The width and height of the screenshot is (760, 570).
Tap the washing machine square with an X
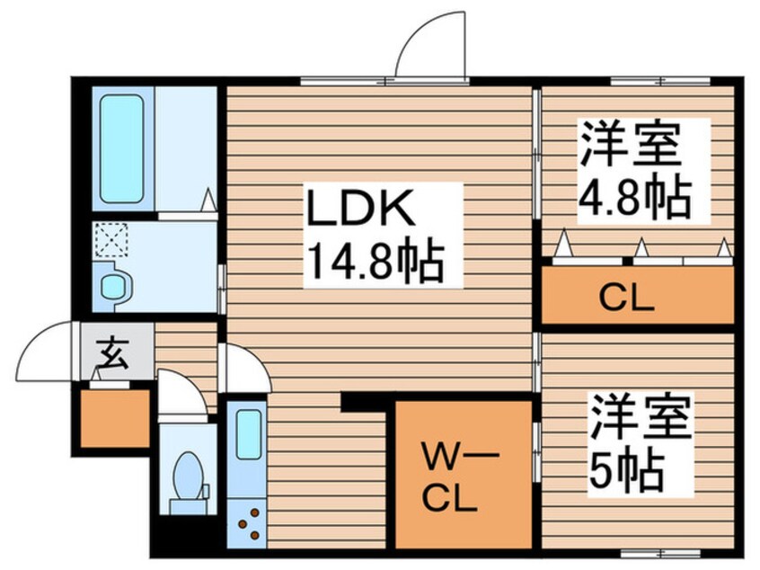(x=111, y=241)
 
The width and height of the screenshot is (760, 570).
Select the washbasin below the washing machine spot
(x=114, y=285)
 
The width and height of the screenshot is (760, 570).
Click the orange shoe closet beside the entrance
(x=114, y=417)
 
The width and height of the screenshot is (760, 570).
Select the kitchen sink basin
(x=248, y=434)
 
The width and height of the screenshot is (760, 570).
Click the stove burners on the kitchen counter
(x=247, y=520)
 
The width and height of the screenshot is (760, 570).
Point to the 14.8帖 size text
(x=374, y=262)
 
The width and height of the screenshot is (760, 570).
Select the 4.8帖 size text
(x=633, y=197)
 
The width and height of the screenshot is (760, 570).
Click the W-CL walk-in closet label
(x=449, y=476)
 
